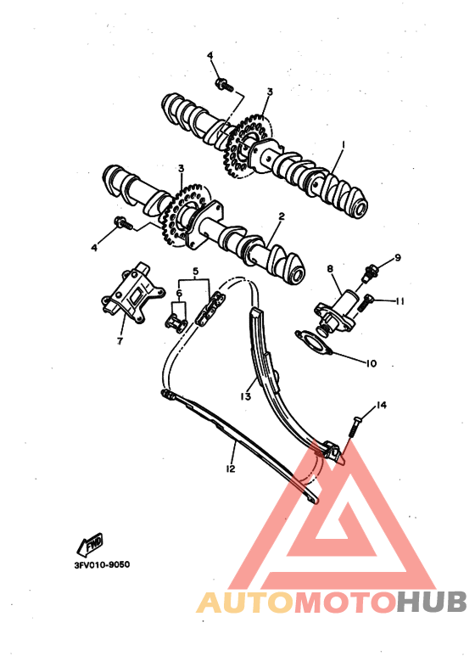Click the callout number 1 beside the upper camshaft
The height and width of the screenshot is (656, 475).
coord(343,145)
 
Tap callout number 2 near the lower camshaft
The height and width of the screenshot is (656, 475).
coord(282,216)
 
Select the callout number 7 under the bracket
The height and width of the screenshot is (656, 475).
coord(120,341)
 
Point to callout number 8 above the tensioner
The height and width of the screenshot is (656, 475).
coord(330,268)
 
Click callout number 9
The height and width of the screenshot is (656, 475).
coord(398,257)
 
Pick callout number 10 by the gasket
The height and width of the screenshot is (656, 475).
coord(371,363)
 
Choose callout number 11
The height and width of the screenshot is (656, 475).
coord(400,300)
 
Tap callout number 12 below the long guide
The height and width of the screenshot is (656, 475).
coord(231,468)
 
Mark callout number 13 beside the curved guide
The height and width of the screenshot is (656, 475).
coord(245,395)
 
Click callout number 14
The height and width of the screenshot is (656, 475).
coord(382,405)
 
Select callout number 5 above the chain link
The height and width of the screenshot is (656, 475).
coord(195,271)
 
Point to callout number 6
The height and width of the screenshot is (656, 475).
coord(179,293)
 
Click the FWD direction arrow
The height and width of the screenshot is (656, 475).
coord(89,544)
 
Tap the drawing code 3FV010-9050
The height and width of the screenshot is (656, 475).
coord(102,565)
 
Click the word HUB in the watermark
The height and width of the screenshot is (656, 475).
coord(431,603)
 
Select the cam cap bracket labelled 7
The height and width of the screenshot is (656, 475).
coord(132,290)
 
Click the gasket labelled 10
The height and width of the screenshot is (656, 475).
coord(313,342)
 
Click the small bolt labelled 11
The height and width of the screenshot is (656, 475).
coord(363,303)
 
